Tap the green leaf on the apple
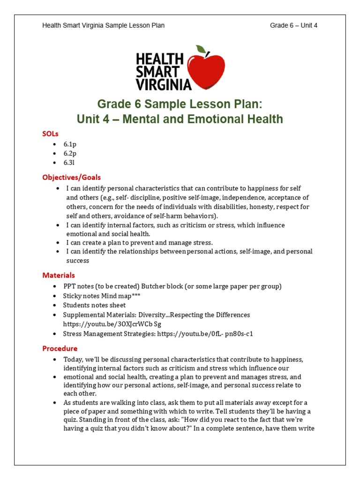(201, 49)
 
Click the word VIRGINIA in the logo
(163, 84)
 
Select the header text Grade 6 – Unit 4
(293, 25)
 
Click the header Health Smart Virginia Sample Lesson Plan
(103, 25)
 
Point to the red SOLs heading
(51, 134)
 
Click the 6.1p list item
(70, 144)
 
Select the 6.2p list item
(70, 153)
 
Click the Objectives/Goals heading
(71, 177)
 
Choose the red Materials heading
(59, 275)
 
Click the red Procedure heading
(60, 348)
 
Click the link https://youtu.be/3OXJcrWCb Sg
(112, 324)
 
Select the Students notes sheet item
(94, 305)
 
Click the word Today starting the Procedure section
(73, 360)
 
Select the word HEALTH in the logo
(159, 60)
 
